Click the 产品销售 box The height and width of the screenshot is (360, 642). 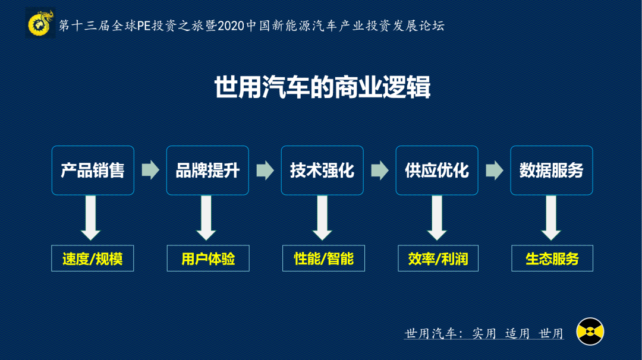(x=93, y=170)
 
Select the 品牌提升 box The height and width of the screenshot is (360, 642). (x=207, y=170)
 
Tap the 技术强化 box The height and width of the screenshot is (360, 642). (x=322, y=170)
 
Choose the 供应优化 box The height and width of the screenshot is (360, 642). (x=437, y=170)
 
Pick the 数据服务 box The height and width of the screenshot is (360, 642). (x=552, y=170)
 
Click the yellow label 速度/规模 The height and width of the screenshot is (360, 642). (x=92, y=258)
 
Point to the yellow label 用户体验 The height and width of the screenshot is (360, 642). (x=208, y=258)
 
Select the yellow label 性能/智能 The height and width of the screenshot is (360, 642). (x=323, y=258)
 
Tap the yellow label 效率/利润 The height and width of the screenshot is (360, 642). (x=438, y=258)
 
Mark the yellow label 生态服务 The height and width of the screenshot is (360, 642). (x=552, y=258)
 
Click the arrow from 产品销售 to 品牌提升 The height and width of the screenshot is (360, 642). (x=150, y=170)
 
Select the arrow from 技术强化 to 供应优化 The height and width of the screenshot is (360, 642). (x=380, y=170)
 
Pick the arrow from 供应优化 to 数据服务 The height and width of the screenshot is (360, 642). (x=495, y=170)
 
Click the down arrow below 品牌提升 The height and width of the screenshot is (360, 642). (x=206, y=217)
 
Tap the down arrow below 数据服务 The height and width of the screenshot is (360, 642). (x=551, y=217)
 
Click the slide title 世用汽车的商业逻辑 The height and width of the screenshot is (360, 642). (x=322, y=88)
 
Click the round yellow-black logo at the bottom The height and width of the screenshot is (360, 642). (x=590, y=331)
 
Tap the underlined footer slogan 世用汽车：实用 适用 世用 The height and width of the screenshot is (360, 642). (x=484, y=333)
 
